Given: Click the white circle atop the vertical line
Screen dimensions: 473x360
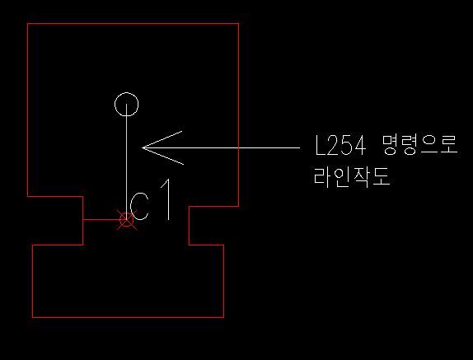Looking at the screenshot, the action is [x=126, y=93].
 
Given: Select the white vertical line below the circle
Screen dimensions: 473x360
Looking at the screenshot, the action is [x=126, y=161].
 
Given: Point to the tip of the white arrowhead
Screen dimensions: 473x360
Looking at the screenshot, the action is [x=142, y=147].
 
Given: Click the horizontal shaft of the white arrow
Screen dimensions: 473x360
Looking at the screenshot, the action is [x=221, y=147].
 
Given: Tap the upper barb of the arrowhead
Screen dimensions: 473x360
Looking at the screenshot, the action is [x=162, y=139].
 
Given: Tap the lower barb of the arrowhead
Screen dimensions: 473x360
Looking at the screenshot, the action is [x=163, y=157].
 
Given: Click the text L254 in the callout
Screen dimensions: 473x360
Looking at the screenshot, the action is [x=340, y=145].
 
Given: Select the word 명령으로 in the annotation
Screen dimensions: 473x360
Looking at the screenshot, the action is [x=420, y=145].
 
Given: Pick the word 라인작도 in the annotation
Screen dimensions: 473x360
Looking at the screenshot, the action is [x=352, y=177].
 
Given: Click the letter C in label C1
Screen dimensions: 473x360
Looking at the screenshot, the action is [x=131, y=207].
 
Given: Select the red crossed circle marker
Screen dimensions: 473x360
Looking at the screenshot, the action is [x=127, y=219].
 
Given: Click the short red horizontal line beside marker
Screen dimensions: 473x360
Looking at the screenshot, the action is [x=101, y=219].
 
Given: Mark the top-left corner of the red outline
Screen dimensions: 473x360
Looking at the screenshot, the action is [x=27, y=23].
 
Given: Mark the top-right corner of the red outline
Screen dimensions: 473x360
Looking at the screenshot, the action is [x=239, y=23].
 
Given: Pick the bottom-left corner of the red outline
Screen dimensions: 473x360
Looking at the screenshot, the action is [x=32, y=317].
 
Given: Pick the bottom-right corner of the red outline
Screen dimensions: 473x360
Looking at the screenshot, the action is [x=224, y=317].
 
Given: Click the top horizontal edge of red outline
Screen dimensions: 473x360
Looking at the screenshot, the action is [x=133, y=23].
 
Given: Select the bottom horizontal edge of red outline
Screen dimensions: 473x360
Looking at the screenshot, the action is [x=128, y=317].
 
